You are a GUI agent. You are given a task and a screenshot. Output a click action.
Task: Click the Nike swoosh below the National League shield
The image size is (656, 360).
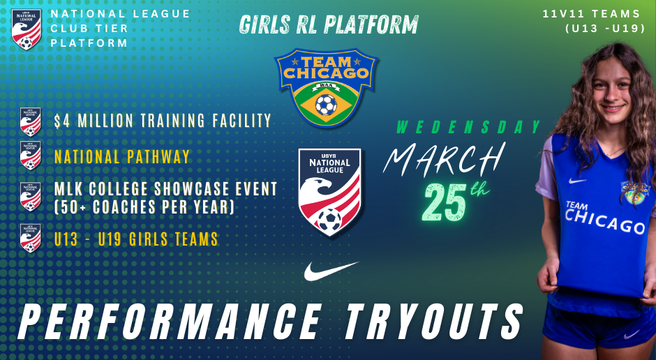[x=331, y=271]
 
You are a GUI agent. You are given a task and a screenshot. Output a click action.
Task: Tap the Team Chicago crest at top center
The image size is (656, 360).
[x=322, y=87]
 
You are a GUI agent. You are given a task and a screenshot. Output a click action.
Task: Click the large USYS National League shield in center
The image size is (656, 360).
[x=329, y=191]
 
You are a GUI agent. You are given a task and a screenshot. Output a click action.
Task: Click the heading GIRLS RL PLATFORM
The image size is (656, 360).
[x=329, y=25]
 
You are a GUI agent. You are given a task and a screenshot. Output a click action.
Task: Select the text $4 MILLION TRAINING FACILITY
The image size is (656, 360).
[x=163, y=121]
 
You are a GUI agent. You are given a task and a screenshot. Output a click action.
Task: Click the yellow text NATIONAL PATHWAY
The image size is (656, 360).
[x=122, y=157]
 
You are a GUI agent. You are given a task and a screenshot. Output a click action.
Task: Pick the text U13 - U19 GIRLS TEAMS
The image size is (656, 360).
[x=136, y=239]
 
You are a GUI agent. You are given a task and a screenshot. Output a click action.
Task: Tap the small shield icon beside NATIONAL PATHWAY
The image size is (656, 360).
[x=30, y=156]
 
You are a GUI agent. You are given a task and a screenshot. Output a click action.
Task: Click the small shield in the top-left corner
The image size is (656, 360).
[x=27, y=29]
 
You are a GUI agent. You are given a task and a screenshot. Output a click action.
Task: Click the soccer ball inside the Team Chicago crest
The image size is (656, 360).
[x=325, y=105]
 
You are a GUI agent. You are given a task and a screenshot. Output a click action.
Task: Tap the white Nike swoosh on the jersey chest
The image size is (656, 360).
[x=577, y=181]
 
